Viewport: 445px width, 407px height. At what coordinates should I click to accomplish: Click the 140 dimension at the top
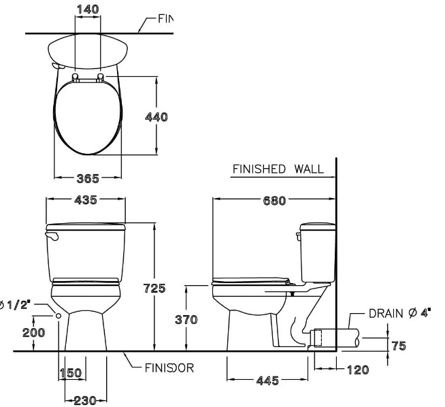pyautogui.click(x=88, y=9)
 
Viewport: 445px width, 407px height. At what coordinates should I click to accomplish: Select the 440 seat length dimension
pyautogui.click(x=156, y=116)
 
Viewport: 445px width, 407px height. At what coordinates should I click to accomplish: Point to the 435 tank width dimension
pyautogui.click(x=85, y=200)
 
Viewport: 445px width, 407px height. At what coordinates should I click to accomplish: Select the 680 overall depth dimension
pyautogui.click(x=274, y=200)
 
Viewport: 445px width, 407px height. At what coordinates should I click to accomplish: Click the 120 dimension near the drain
pyautogui.click(x=352, y=370)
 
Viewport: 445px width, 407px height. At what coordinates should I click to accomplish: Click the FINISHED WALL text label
pyautogui.click(x=276, y=168)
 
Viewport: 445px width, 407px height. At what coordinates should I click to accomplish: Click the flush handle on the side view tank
pyautogui.click(x=298, y=236)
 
